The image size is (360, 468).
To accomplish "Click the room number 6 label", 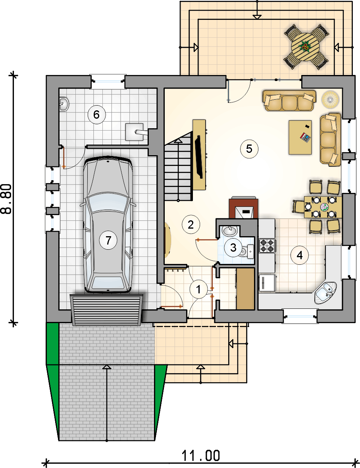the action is [96, 114].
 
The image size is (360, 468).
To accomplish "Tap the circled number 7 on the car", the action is [108, 240].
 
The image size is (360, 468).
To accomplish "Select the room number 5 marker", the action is [249, 148].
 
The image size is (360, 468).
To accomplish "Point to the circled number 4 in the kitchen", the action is [300, 255].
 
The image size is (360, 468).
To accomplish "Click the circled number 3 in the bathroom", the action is [233, 247].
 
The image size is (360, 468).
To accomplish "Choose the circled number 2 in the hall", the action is [191, 224].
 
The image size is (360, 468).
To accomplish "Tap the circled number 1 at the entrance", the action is [198, 289].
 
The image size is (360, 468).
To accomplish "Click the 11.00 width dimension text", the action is [201, 455].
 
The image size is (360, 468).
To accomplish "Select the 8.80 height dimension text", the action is [6, 199].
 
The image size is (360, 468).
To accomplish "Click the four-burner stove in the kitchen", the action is [267, 245].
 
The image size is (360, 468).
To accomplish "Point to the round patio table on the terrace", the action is [305, 47].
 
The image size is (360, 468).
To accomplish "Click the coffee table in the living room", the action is [300, 137].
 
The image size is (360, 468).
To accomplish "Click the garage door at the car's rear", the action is [106, 310].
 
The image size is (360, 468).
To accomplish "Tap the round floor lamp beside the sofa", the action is [330, 99].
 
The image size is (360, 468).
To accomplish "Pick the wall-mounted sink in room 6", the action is [64, 104].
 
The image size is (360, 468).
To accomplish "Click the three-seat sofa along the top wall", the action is [289, 100].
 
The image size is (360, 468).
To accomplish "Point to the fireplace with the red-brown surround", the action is [244, 208].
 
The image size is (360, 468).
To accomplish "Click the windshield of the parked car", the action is [108, 204].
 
